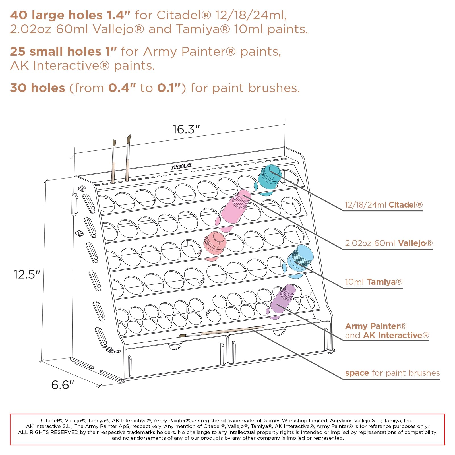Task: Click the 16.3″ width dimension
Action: pyautogui.click(x=186, y=129)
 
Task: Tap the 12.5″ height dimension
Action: pyautogui.click(x=27, y=274)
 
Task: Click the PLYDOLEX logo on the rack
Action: pyautogui.click(x=181, y=166)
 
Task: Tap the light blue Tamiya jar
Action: pyautogui.click(x=299, y=261)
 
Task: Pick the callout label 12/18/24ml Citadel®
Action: pyautogui.click(x=384, y=205)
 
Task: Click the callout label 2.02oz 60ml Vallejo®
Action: pyautogui.click(x=389, y=243)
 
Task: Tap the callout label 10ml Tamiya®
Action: pyautogui.click(x=374, y=282)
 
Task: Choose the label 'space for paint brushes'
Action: pyautogui.click(x=392, y=373)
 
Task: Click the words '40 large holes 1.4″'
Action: pyautogui.click(x=70, y=15)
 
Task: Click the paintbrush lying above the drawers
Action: pyautogui.click(x=221, y=331)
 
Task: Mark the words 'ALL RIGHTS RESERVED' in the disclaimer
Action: pyautogui.click(x=48, y=432)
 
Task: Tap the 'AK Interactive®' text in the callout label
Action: pyautogui.click(x=396, y=335)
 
